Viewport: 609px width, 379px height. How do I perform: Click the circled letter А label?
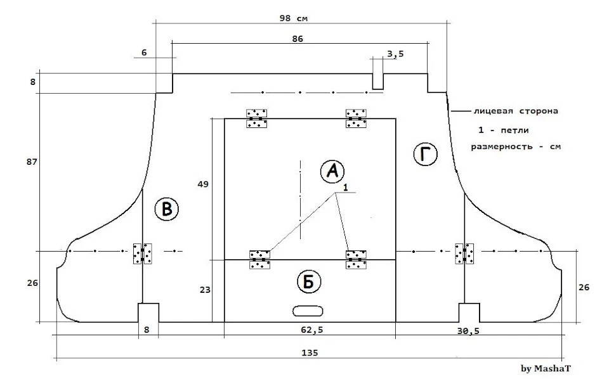coord(332,171)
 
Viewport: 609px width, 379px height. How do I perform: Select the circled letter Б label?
coord(309,282)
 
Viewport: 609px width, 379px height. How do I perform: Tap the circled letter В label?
coord(167,209)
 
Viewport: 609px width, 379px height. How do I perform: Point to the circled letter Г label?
coord(425,154)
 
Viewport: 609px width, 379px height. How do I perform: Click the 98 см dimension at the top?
coord(294,18)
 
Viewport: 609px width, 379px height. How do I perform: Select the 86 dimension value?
coord(298,39)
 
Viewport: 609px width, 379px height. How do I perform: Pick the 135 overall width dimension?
coord(310,352)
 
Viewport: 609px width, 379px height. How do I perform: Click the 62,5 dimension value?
coord(312,330)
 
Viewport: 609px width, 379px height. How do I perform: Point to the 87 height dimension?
coord(32,162)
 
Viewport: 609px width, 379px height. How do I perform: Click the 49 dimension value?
coord(203,184)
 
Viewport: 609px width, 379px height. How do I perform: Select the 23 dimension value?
coord(205,290)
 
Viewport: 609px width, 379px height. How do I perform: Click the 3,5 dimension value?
coord(395,54)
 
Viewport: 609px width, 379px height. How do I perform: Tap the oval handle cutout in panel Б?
coord(308,311)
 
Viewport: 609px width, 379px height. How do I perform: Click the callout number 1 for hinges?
coord(345,188)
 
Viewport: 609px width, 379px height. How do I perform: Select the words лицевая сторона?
coord(516,111)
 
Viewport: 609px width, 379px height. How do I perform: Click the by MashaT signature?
coord(546,368)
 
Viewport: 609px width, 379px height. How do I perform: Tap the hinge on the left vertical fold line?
coord(143,254)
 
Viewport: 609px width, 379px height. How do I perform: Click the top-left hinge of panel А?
coord(256,119)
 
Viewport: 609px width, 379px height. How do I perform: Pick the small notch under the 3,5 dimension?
coord(378,81)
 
